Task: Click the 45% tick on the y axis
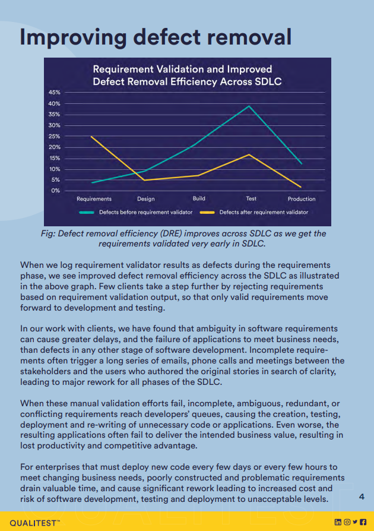[x=54, y=93]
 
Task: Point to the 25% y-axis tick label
[x=54, y=137]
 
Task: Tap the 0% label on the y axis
[x=56, y=191]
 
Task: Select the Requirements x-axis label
[x=94, y=199]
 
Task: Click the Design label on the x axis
[x=146, y=199]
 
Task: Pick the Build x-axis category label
[x=199, y=198]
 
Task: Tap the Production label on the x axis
[x=302, y=199]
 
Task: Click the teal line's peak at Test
[x=249, y=106]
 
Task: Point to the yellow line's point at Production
[x=300, y=187]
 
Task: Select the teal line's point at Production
[x=301, y=164]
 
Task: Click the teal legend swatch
[x=86, y=212]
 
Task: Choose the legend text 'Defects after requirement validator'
[x=264, y=212]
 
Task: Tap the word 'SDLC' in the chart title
[x=268, y=81]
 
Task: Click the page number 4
[x=362, y=497]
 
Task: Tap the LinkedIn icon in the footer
[x=338, y=522]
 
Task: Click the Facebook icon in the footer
[x=363, y=522]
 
